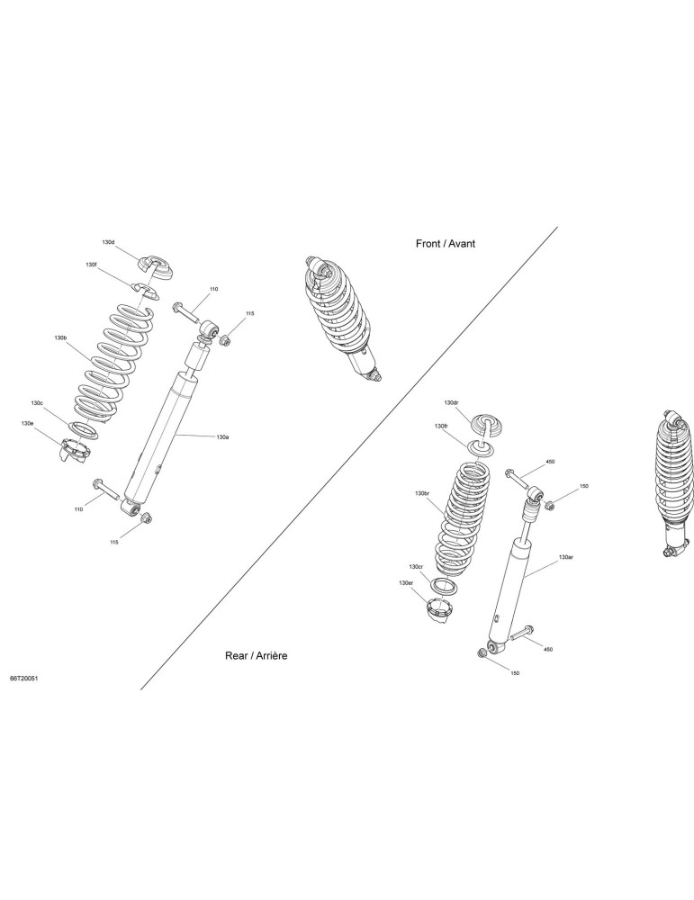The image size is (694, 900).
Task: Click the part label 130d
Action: pos(109,242)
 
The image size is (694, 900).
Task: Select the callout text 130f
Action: pos(91,264)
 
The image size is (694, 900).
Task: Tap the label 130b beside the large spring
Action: pos(61,339)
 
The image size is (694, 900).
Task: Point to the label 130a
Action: pos(222,437)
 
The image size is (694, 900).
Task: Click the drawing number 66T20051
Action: pos(23,678)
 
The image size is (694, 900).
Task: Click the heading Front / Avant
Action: pos(446,243)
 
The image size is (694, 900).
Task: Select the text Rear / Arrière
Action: pos(256,656)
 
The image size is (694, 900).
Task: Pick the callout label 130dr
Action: pos(452,403)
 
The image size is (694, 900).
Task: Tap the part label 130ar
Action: pos(565,557)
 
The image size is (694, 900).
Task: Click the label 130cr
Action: pos(416,566)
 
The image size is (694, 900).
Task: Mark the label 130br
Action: pos(422,493)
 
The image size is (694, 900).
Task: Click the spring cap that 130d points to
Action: pos(156,267)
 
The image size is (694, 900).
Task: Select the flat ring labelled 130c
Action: pos(84,429)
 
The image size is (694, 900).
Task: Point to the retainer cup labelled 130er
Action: pos(439,608)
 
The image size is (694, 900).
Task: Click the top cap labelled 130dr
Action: pos(487,425)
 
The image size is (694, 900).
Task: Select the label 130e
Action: pos(28,423)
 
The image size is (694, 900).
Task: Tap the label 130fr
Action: pos(441,427)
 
